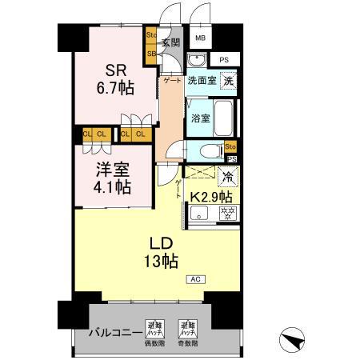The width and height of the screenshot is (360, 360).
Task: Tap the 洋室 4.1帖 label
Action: click(x=111, y=180)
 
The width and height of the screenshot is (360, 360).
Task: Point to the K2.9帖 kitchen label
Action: click(x=211, y=196)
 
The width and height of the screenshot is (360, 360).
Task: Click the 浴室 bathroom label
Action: click(x=200, y=118)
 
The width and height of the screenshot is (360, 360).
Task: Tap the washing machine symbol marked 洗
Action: click(x=229, y=80)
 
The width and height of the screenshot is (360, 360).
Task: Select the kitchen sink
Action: click(x=200, y=213)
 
